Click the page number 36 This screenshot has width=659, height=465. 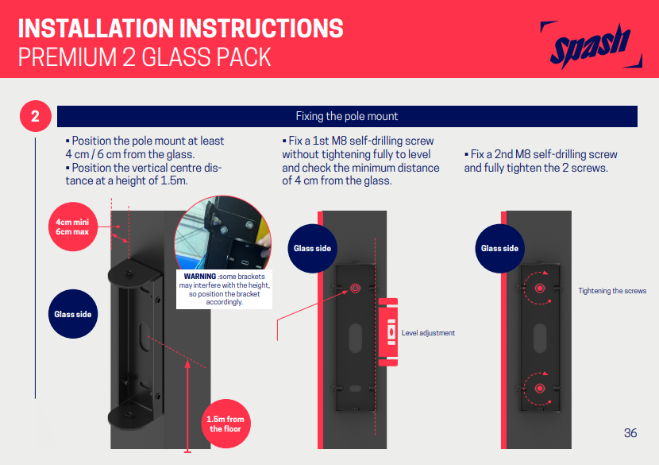630,433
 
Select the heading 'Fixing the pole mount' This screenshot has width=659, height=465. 346,117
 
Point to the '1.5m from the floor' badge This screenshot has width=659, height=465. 225,424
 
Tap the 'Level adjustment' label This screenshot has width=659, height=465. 428,333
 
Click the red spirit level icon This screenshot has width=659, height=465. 388,332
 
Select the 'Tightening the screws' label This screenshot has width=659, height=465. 612,291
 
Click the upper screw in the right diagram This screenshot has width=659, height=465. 540,288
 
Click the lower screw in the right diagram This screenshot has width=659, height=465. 540,388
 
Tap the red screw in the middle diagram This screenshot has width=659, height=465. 354,289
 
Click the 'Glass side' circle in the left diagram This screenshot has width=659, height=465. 72,314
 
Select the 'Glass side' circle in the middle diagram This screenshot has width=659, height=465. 312,249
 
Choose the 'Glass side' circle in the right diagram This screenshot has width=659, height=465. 499,249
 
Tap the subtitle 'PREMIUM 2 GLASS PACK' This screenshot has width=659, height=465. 145,58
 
